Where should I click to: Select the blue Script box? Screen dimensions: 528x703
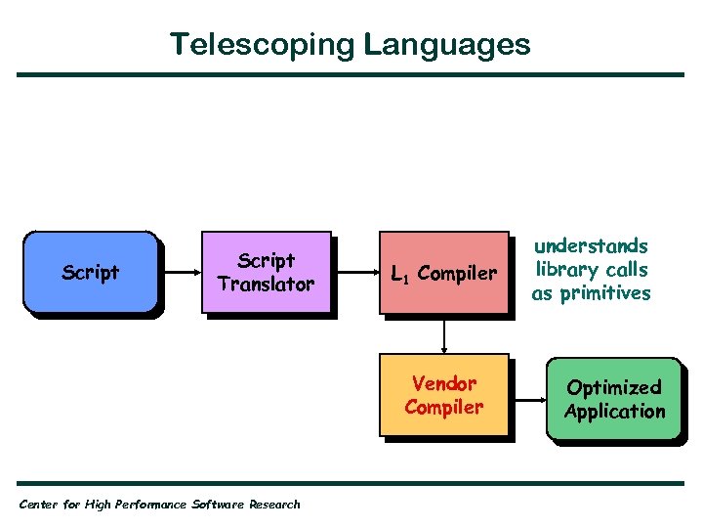[x=91, y=273]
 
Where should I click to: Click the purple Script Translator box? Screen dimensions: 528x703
[x=266, y=273]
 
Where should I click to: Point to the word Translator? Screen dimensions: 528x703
[x=266, y=285]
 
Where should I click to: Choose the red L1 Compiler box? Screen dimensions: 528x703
[x=443, y=274]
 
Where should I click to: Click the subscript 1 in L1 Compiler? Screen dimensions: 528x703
[x=405, y=278]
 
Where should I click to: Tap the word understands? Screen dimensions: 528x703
[x=591, y=246]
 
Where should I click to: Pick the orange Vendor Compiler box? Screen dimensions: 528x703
[x=443, y=395]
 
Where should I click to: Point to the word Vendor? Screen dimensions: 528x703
[x=444, y=383]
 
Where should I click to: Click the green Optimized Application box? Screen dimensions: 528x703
[x=614, y=399]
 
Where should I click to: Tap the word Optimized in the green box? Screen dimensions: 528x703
[x=614, y=387]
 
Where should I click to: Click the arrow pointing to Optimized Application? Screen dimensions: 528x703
[x=528, y=400]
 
